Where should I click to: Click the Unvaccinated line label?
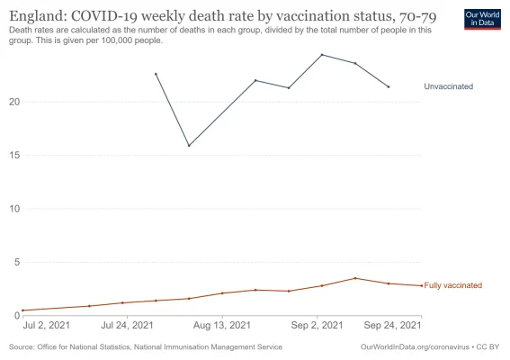pyautogui.click(x=448, y=86)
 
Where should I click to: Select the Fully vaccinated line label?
pyautogui.click(x=452, y=285)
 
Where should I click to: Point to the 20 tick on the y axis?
pyautogui.click(x=13, y=102)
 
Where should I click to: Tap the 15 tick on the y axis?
pyautogui.click(x=13, y=156)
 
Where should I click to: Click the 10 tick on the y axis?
pyautogui.click(x=13, y=209)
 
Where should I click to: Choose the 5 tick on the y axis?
pyautogui.click(x=16, y=263)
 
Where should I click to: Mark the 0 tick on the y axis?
pyautogui.click(x=16, y=316)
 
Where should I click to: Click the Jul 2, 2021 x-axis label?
pyautogui.click(x=46, y=325)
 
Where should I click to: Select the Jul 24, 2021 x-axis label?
pyautogui.click(x=126, y=325)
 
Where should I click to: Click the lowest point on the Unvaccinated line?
pyautogui.click(x=189, y=146)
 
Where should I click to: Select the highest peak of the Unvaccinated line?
pyautogui.click(x=322, y=55)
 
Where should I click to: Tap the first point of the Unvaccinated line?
pyautogui.click(x=156, y=74)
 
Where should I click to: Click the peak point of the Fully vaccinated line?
pyautogui.click(x=355, y=278)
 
